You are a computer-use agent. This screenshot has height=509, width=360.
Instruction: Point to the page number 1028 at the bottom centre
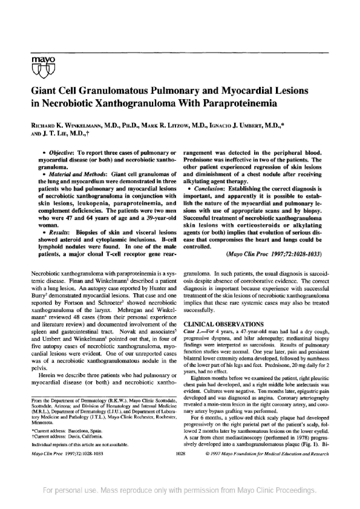[180, 469]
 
